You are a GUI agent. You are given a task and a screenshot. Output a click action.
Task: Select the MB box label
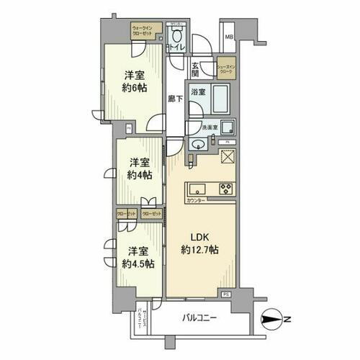pyautogui.click(x=228, y=37)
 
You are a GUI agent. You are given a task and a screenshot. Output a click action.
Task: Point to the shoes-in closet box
pyautogui.click(x=227, y=68)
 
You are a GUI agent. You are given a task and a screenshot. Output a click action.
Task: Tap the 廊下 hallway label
pyautogui.click(x=174, y=99)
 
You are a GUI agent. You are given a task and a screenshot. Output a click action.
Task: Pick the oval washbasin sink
pyautogui.click(x=196, y=144)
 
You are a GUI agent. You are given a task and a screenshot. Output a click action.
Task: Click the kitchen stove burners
pyautogui.click(x=225, y=189)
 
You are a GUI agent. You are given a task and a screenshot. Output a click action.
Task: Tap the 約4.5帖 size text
pyautogui.click(x=137, y=264)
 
